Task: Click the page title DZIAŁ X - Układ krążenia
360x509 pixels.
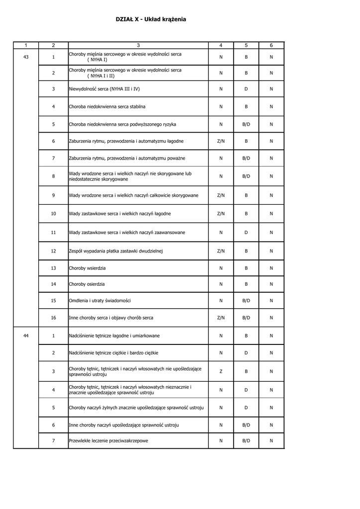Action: tap(151, 19)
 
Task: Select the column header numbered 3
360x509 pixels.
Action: tap(138, 45)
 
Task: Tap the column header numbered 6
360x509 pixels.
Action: tap(271, 45)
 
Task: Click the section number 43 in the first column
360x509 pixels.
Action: tap(26, 57)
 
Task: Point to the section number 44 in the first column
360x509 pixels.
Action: tap(26, 336)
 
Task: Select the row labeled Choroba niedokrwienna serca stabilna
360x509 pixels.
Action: tap(107, 106)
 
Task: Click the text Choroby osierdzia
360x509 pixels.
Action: tap(87, 284)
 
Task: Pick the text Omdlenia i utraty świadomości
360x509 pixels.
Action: tap(99, 300)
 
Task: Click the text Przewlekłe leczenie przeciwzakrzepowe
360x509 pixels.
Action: tap(108, 440)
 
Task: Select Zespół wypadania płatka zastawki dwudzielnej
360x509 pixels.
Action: tap(116, 251)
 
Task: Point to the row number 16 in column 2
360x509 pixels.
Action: tap(53, 318)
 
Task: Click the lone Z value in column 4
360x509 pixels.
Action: tap(221, 371)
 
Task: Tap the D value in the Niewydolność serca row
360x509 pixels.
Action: tap(246, 89)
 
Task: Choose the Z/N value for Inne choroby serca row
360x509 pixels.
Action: tap(221, 318)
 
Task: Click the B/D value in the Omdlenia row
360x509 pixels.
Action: tap(246, 300)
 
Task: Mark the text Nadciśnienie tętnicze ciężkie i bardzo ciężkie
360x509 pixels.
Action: tap(113, 352)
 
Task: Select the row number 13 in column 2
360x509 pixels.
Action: tap(53, 268)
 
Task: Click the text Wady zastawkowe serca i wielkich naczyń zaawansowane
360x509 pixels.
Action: tap(127, 232)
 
